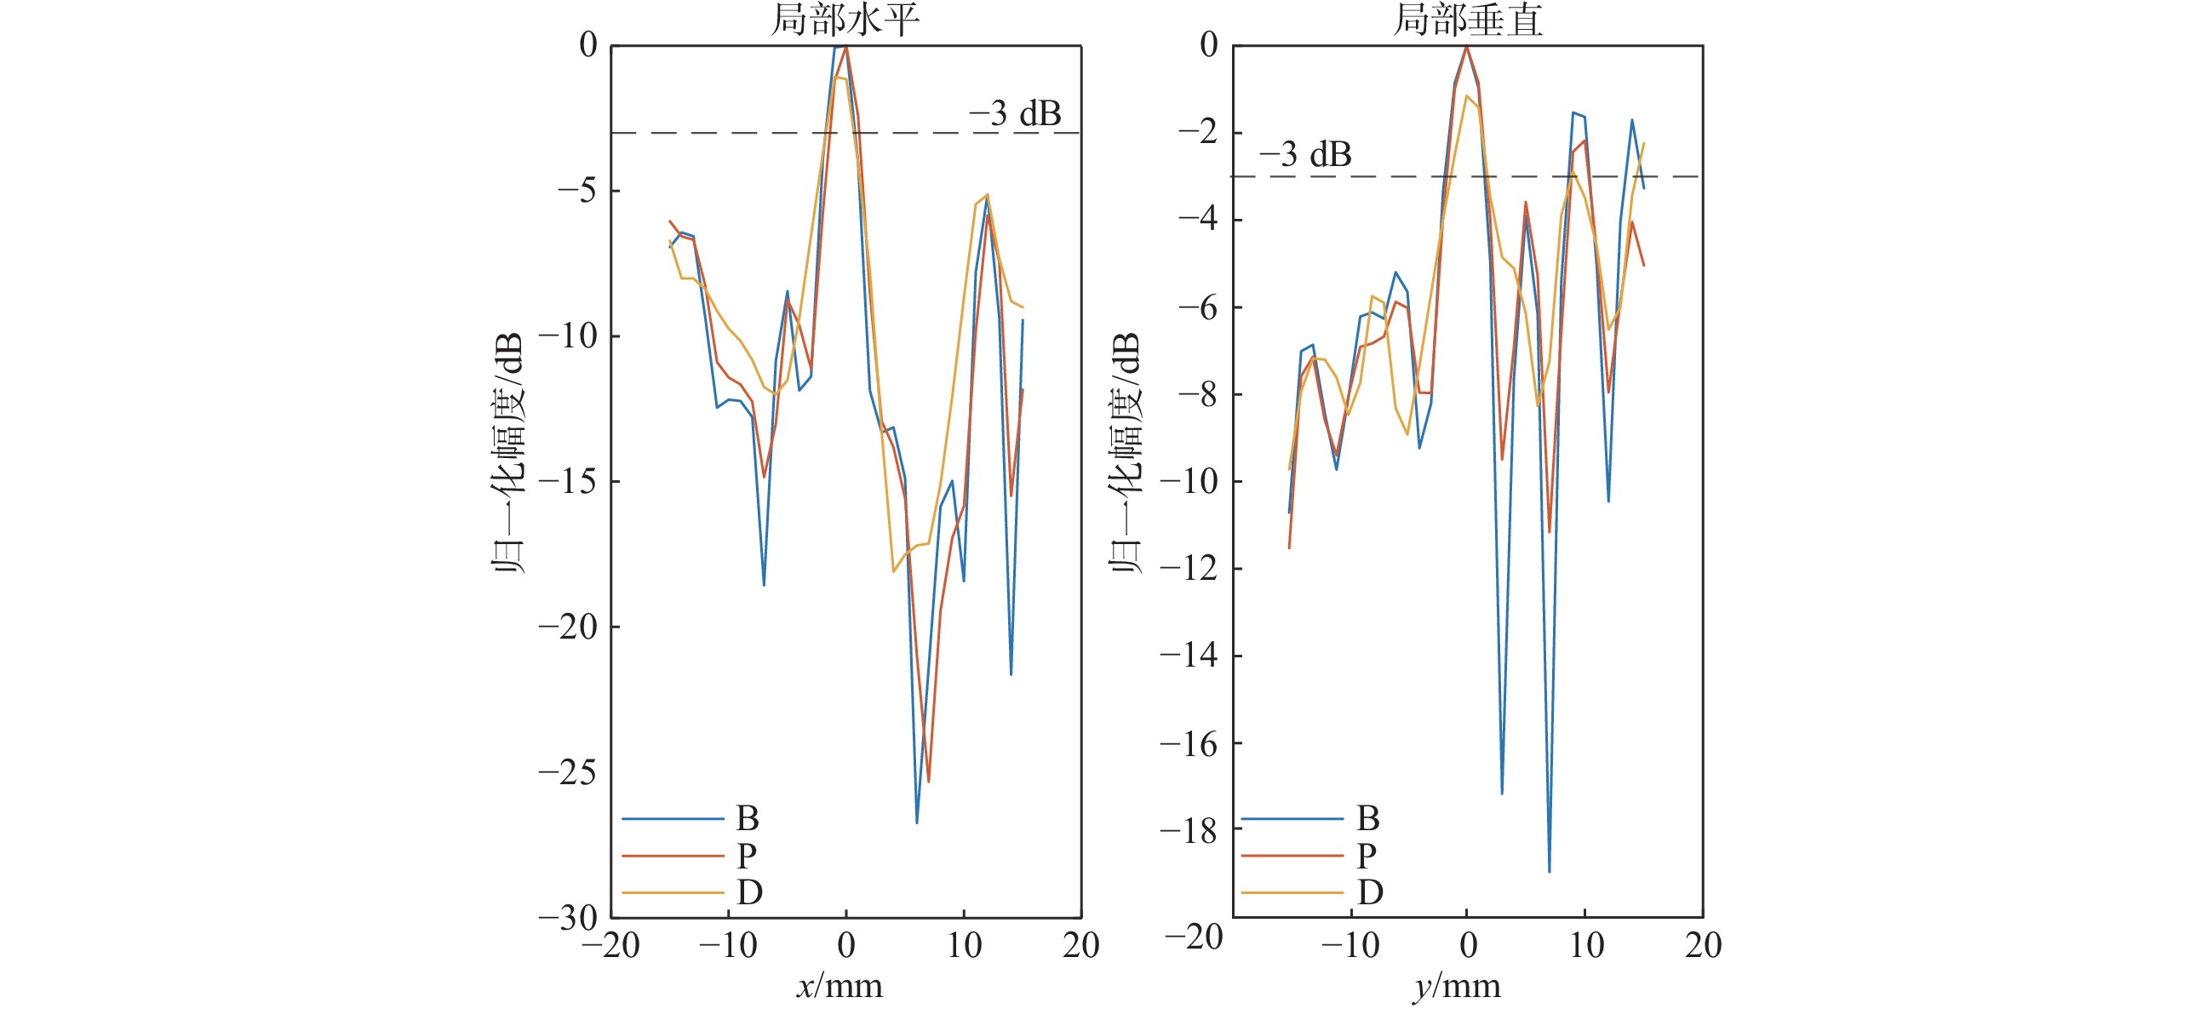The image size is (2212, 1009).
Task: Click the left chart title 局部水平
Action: (845, 20)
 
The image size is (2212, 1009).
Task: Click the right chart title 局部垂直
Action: (1468, 20)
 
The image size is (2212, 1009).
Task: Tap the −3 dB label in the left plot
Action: (1015, 113)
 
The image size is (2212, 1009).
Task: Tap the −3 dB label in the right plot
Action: (1305, 155)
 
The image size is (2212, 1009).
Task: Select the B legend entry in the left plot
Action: (747, 818)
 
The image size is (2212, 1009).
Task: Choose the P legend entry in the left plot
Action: (746, 855)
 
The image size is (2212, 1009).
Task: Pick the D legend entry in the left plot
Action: (748, 892)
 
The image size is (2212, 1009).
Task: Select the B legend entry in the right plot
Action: (1368, 818)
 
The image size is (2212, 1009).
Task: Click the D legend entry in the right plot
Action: (1370, 892)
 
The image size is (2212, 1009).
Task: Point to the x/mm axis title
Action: (840, 986)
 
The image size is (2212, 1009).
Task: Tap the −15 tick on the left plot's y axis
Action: (568, 482)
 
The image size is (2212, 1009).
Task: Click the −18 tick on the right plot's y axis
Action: (1189, 830)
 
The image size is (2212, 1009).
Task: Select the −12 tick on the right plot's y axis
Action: (1189, 569)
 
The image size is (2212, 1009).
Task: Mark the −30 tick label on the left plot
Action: (568, 918)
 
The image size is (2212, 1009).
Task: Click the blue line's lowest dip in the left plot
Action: (917, 823)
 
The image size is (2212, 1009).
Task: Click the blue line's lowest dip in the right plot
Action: (1549, 872)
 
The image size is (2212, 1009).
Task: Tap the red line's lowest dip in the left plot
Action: (928, 781)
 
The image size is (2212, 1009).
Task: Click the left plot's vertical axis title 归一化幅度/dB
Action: (508, 452)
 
